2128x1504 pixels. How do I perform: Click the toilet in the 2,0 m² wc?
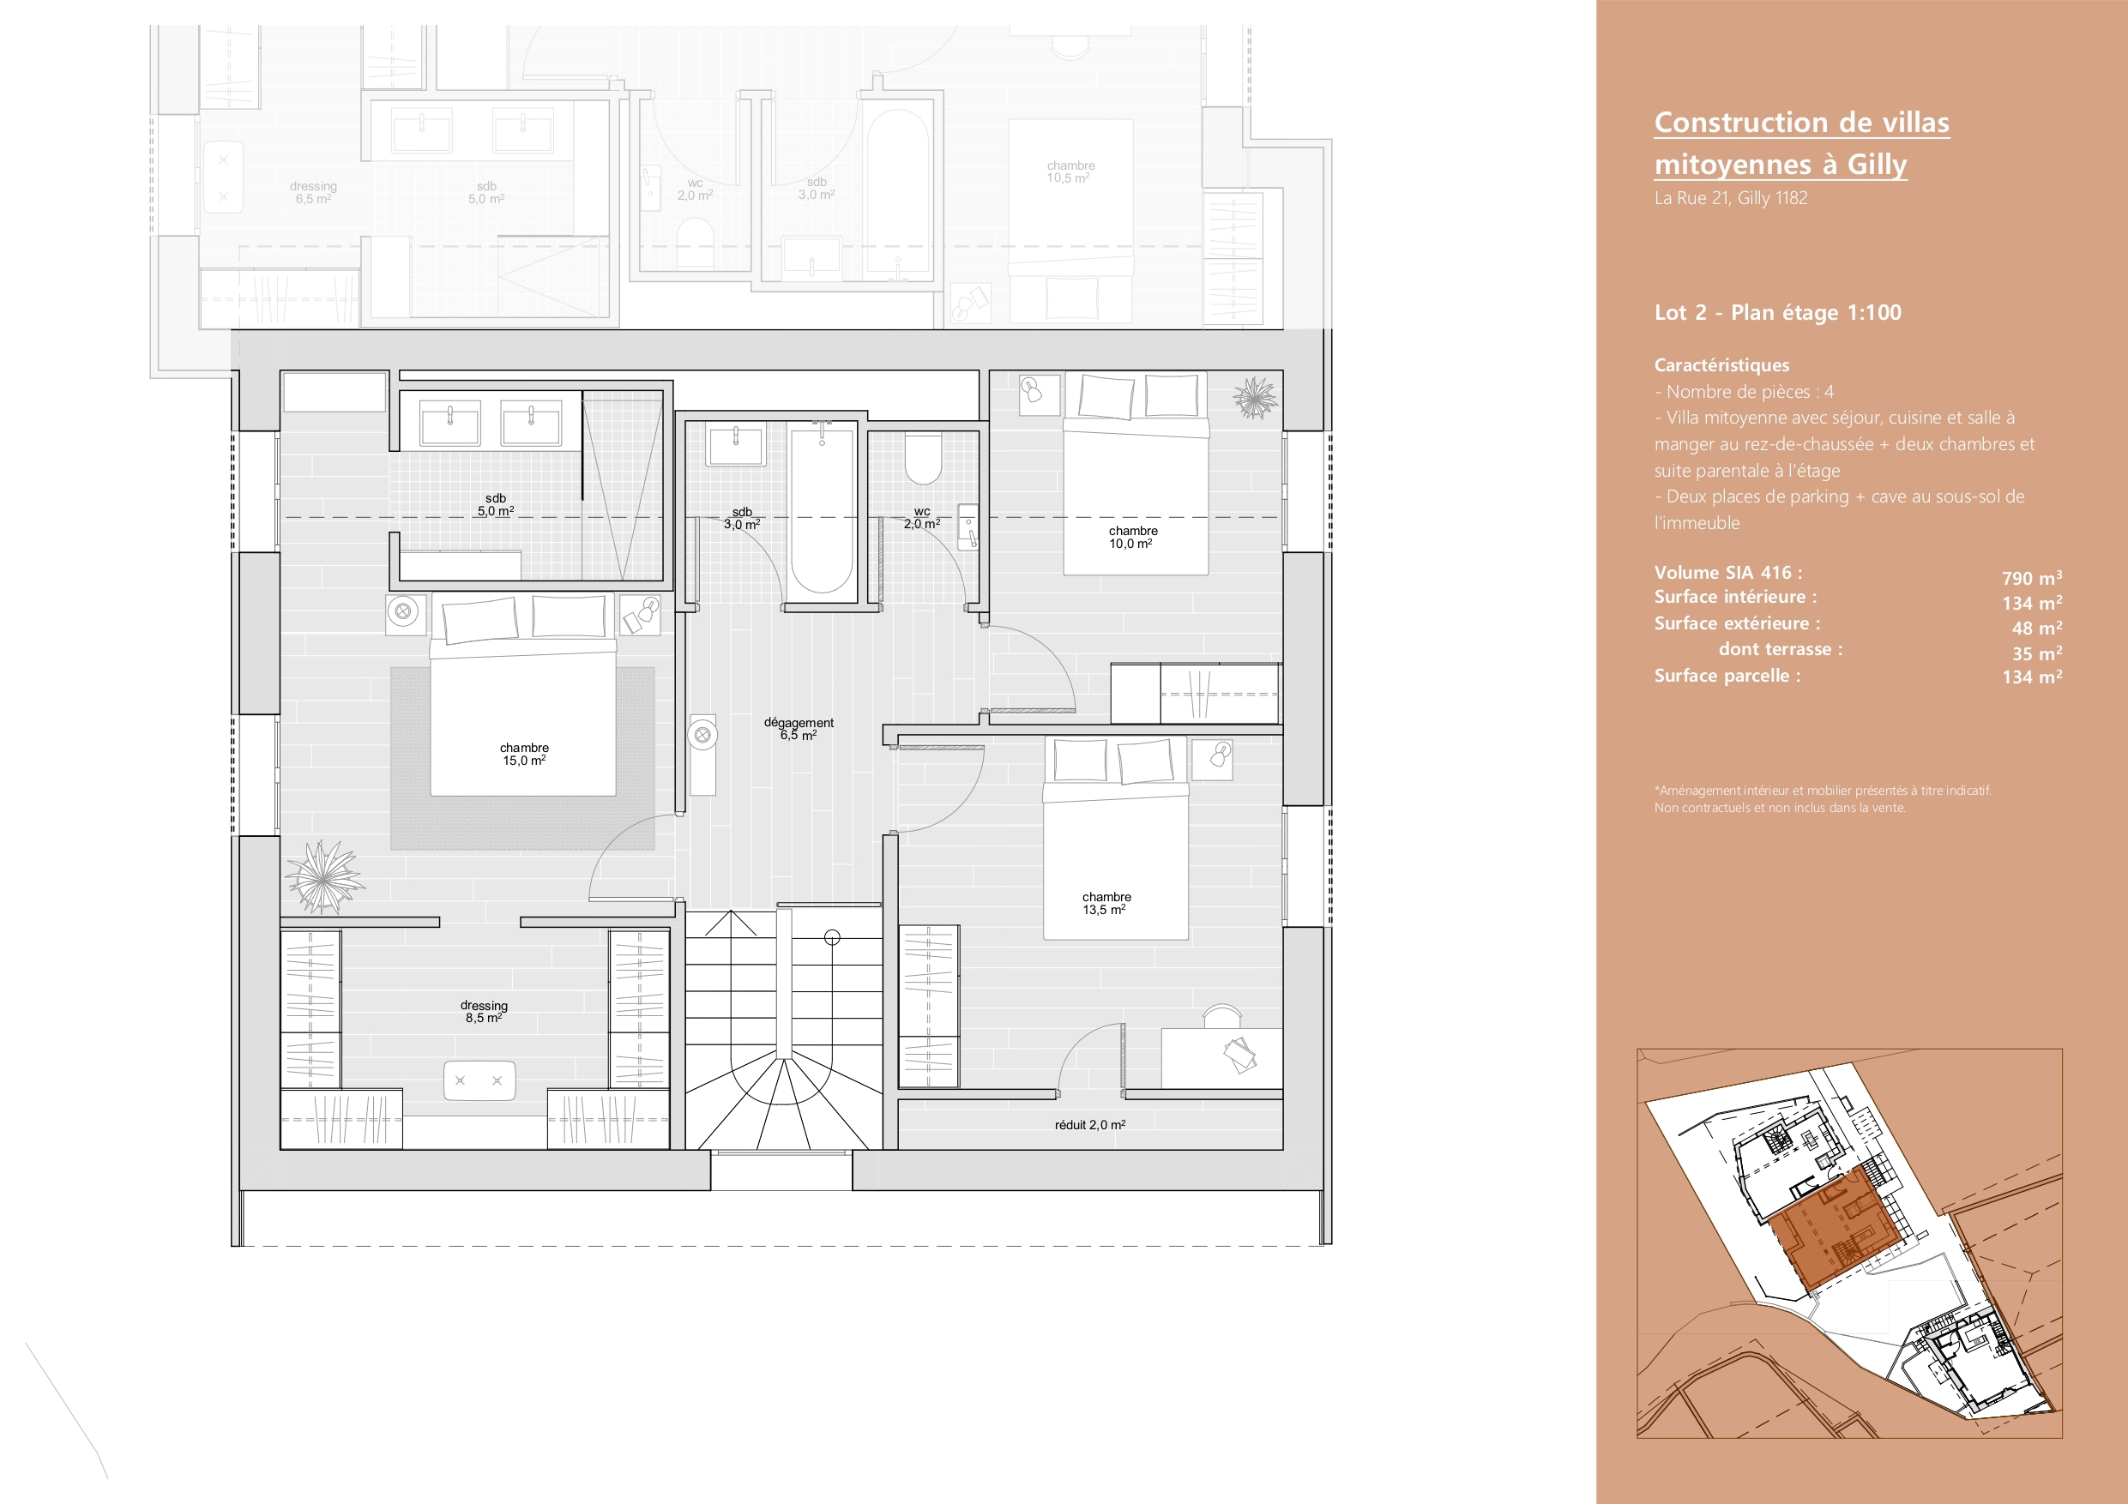coord(922,459)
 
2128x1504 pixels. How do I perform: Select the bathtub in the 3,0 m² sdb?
coord(821,513)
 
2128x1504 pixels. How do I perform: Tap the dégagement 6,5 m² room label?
coord(799,728)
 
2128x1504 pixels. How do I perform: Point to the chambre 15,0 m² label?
coord(525,755)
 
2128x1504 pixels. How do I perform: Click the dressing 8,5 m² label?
coord(484,1012)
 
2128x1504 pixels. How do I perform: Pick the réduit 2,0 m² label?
coord(1090,1125)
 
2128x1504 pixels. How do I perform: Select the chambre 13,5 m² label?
coord(1106,904)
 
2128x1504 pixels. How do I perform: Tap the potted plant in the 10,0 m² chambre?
coord(1256,398)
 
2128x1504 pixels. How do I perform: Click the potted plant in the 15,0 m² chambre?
coord(323,877)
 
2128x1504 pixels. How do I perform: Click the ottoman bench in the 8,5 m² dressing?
coord(479,1080)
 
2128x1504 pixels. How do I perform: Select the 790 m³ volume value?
coord(2032,577)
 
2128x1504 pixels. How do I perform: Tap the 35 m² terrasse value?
coord(2037,653)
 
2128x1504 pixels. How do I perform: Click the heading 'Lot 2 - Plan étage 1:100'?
coord(1778,312)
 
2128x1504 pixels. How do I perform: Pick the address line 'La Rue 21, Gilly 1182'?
coord(1730,197)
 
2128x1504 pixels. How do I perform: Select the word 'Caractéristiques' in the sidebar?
coord(1721,365)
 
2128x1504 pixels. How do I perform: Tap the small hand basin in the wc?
coord(968,527)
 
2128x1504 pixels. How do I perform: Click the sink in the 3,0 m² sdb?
coord(735,445)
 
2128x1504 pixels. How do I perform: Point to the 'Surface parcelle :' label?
coord(1727,676)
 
